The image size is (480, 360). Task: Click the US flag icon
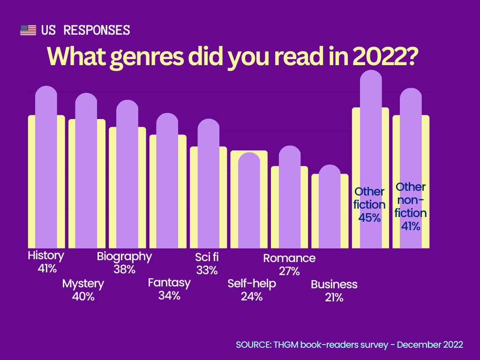(x=28, y=30)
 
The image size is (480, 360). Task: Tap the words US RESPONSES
(x=85, y=30)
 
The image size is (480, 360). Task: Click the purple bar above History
(x=46, y=169)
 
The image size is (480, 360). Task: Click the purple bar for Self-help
(x=248, y=202)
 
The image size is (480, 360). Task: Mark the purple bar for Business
(x=330, y=206)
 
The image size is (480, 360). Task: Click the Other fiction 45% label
(x=369, y=204)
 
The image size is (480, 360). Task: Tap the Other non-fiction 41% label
(x=411, y=206)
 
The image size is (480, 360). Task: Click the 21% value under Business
(x=334, y=297)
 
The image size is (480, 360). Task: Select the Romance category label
(x=289, y=258)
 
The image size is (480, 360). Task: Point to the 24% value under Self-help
(x=251, y=296)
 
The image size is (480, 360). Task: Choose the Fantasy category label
(x=169, y=283)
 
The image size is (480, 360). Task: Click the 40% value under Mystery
(x=83, y=296)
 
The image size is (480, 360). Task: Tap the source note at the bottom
(x=349, y=345)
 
